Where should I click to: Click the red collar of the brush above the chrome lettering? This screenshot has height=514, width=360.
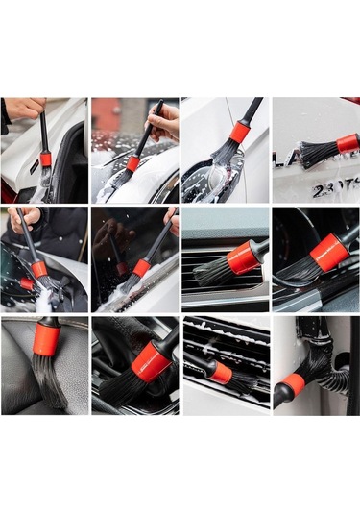pos(347,143)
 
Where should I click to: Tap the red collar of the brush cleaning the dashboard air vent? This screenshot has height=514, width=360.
pos(241,257)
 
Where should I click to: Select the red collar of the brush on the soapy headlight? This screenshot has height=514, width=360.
pos(239,133)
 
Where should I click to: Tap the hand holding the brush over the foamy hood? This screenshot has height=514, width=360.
pos(165,121)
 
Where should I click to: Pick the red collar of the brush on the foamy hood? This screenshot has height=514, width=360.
pos(132,163)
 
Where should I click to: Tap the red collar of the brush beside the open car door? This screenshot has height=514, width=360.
pos(45,159)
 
